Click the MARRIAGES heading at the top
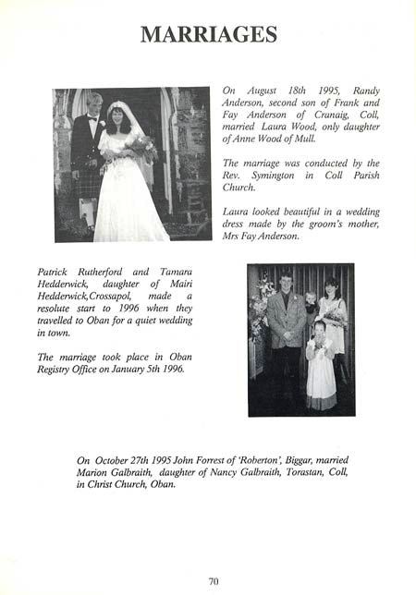(208, 35)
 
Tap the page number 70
(214, 580)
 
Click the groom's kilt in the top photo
(89, 183)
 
